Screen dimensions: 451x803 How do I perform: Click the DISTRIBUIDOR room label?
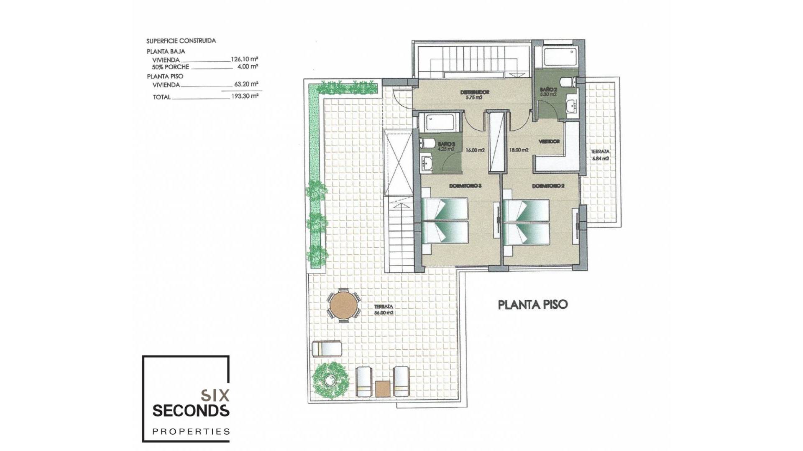pyautogui.click(x=475, y=92)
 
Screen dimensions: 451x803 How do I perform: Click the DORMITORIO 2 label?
pyautogui.click(x=548, y=186)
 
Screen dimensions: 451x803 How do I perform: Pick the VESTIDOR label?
pyautogui.click(x=549, y=142)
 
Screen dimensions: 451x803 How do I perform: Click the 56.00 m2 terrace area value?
pyautogui.click(x=384, y=313)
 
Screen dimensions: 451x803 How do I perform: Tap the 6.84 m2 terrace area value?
pyautogui.click(x=600, y=159)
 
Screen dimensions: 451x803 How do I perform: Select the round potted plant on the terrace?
pyautogui.click(x=331, y=380)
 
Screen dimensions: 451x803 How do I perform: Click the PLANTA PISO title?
pyautogui.click(x=533, y=304)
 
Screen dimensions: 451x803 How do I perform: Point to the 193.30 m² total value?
pyautogui.click(x=245, y=96)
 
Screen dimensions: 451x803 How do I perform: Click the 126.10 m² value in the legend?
pyautogui.click(x=244, y=59)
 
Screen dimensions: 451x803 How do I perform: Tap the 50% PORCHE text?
pyautogui.click(x=171, y=67)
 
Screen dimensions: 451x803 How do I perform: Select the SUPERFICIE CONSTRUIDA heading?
pyautogui.click(x=181, y=41)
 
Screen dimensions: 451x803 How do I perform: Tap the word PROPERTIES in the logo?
pyautogui.click(x=191, y=431)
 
